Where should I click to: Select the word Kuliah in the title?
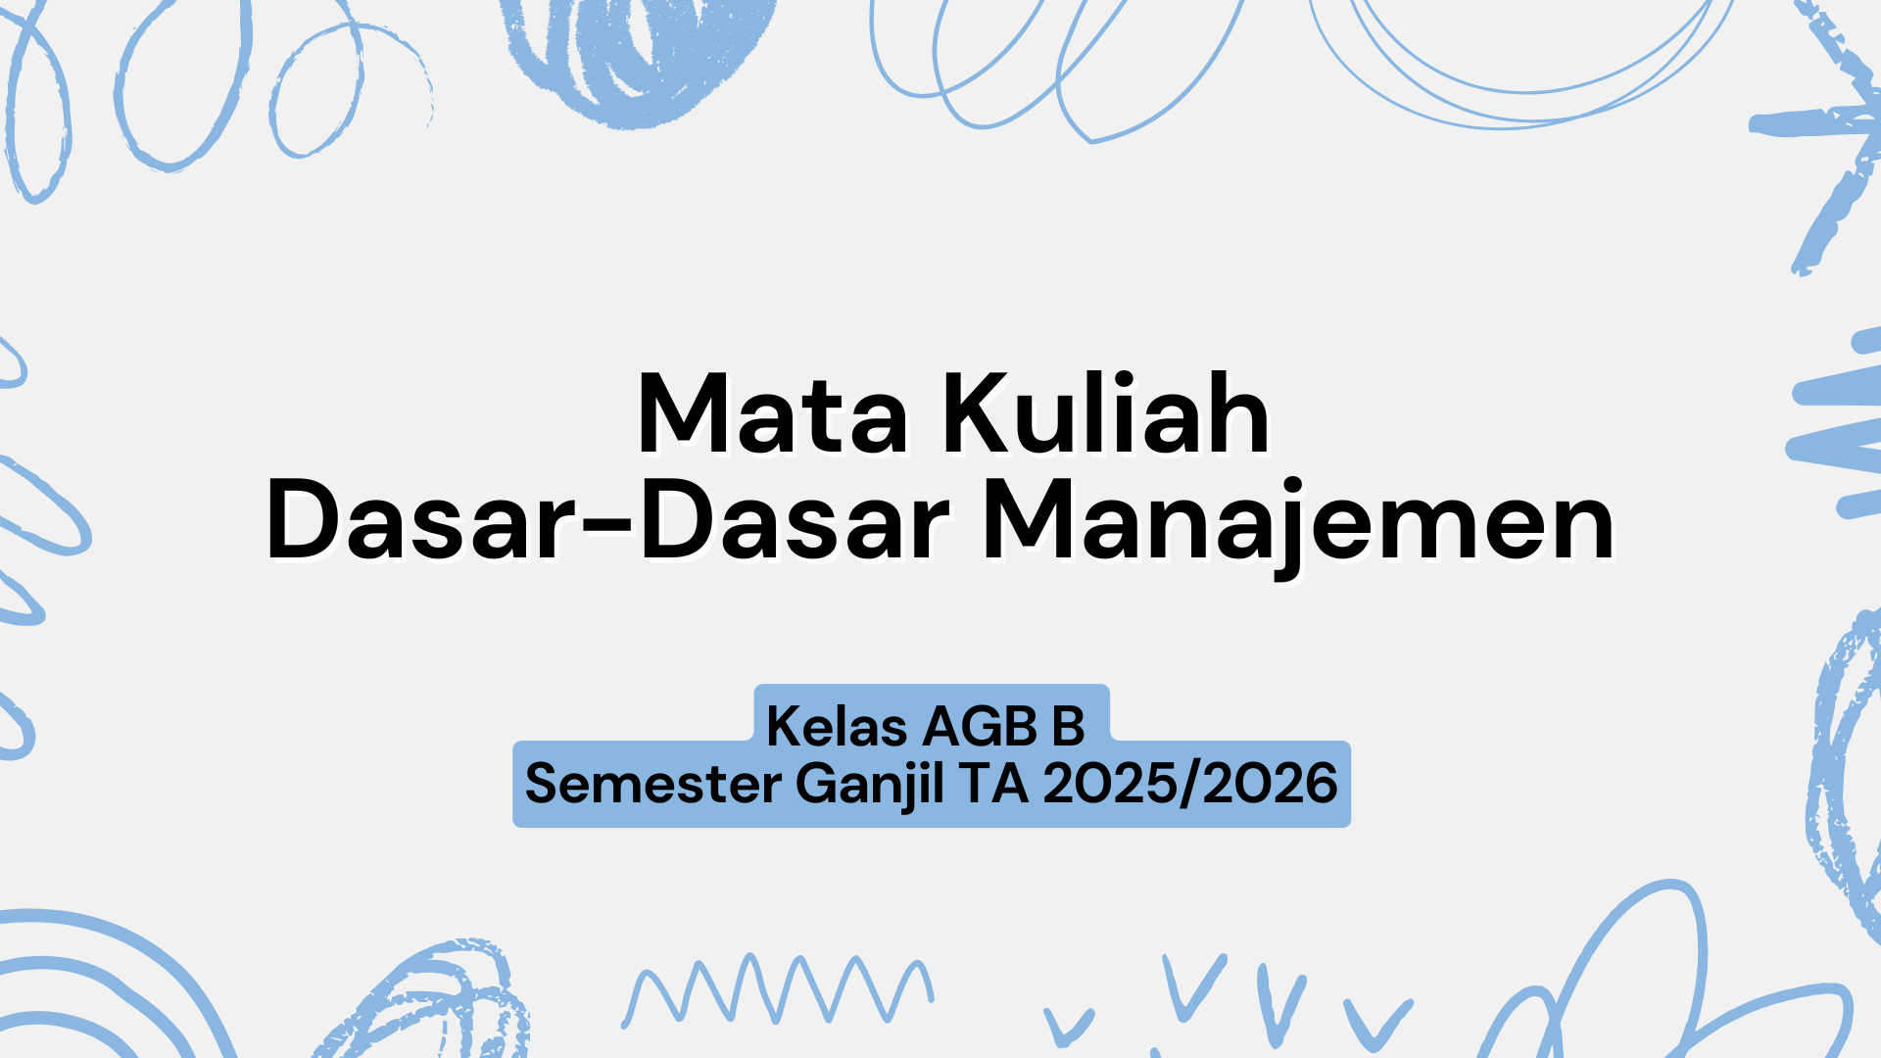(1107, 415)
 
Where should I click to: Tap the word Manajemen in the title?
(1298, 523)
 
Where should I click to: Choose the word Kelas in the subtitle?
(837, 727)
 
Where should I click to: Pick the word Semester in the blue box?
(653, 785)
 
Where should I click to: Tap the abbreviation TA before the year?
(993, 785)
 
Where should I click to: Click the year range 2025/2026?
(1189, 785)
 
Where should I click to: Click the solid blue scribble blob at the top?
(637, 54)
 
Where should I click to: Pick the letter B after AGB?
(1068, 727)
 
